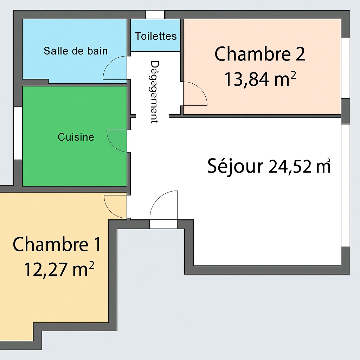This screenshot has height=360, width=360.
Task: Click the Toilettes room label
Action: [156, 36]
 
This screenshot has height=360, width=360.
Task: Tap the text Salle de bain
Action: [76, 51]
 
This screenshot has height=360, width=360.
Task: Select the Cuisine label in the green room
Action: [76, 137]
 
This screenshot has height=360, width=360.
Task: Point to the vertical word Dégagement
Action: [154, 92]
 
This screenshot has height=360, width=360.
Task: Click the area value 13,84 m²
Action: [260, 80]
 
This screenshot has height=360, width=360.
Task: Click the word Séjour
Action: [235, 166]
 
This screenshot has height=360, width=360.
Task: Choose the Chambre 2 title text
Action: [260, 54]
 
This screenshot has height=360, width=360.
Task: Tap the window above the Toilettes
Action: [155, 15]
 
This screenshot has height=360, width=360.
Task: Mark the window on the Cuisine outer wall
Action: [18, 133]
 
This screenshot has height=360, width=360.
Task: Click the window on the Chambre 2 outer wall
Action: [345, 68]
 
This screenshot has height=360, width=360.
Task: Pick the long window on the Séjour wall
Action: [345, 185]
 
